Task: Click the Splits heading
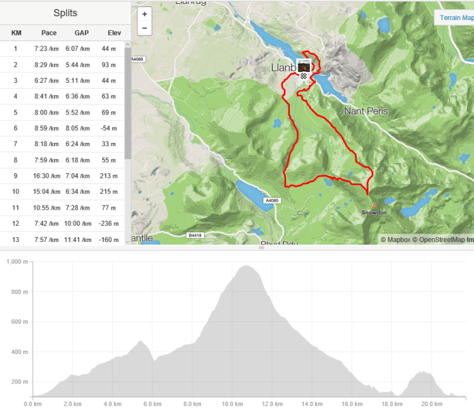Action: click(x=66, y=13)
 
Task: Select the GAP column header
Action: click(x=81, y=33)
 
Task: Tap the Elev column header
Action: click(x=108, y=33)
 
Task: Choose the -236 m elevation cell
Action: click(x=108, y=223)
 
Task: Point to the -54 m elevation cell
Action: click(x=108, y=128)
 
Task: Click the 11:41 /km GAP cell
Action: click(x=81, y=239)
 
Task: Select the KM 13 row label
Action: click(x=15, y=239)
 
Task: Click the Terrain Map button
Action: click(x=457, y=18)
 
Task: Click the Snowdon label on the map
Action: click(x=374, y=212)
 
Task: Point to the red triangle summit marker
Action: click(x=374, y=206)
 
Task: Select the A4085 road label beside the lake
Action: click(x=273, y=201)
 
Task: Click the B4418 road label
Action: click(x=194, y=236)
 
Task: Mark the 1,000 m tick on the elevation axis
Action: click(x=17, y=263)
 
